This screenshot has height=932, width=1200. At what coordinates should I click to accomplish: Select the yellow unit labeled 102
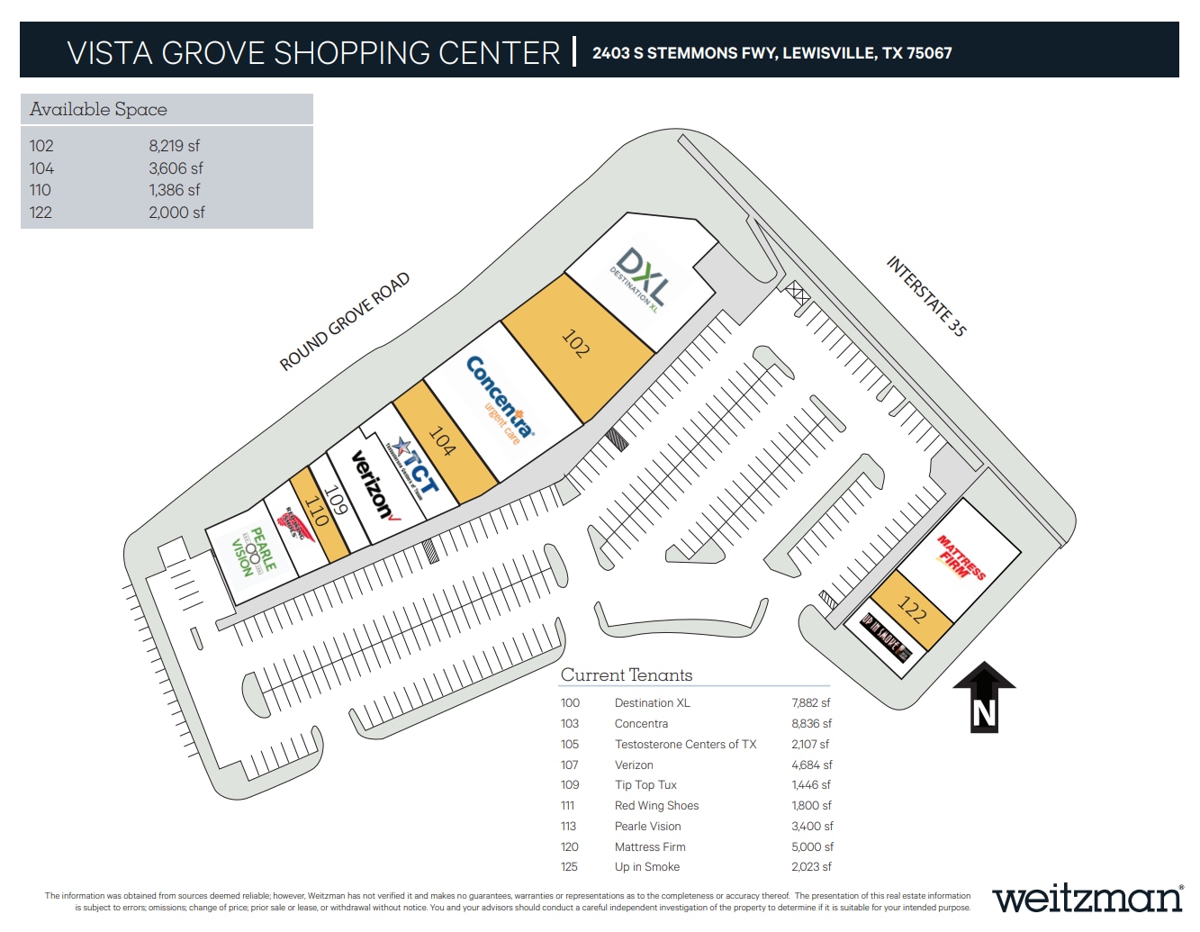click(x=577, y=346)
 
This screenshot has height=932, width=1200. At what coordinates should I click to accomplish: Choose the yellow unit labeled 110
click(x=318, y=513)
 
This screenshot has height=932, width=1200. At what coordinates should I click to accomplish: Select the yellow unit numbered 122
click(x=912, y=611)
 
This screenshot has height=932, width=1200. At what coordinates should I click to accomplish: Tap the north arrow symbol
click(x=984, y=699)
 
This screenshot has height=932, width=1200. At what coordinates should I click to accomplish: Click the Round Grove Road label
click(x=344, y=321)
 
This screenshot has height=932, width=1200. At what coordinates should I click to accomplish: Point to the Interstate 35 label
click(x=926, y=295)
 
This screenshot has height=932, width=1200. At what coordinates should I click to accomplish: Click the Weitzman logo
click(x=1087, y=898)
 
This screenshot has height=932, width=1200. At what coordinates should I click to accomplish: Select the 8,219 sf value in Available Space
click(x=174, y=146)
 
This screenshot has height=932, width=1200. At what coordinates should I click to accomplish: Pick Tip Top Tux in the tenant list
click(x=645, y=785)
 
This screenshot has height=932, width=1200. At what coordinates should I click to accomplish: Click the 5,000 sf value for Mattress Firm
click(x=812, y=847)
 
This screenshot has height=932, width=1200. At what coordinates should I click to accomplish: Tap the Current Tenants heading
click(x=627, y=675)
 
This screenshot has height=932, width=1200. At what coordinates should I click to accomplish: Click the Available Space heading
click(x=98, y=110)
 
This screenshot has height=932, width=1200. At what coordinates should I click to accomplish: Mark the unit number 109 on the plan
click(x=335, y=501)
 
